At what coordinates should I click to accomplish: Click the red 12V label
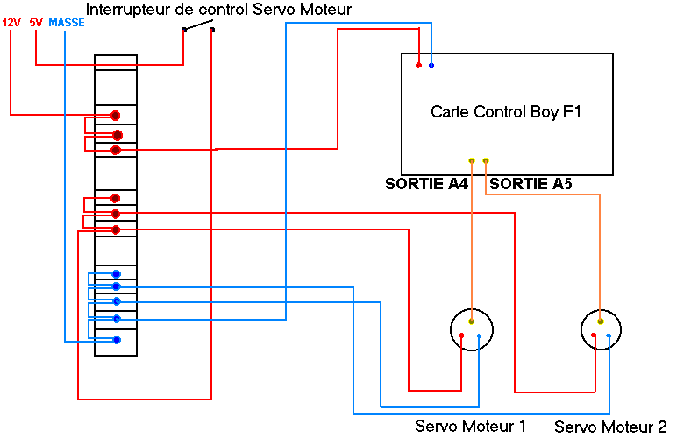coord(11,22)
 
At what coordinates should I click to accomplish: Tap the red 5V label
coord(36,22)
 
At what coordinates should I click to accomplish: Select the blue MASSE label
coord(67,22)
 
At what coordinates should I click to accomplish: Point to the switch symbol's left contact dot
coord(184,30)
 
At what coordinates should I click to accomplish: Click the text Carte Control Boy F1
coord(506,112)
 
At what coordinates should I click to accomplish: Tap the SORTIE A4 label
coord(426,184)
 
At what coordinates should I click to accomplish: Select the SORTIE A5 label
coord(531,184)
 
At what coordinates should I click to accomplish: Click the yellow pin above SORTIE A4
coord(472,160)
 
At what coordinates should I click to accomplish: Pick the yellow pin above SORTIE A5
coord(486,160)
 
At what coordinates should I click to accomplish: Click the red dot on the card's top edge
coord(418,65)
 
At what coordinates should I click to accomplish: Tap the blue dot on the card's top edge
coord(431,66)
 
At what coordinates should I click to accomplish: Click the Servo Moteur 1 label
coord(470,426)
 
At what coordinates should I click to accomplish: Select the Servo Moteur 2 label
coord(610,427)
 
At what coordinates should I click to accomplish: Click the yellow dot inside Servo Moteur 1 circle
coord(472,321)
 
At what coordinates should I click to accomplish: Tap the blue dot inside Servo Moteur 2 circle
coord(609,336)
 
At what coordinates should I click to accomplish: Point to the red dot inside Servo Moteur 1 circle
coord(461,336)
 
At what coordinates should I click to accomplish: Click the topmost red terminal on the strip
coord(115,116)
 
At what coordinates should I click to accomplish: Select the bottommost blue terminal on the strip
coord(116,339)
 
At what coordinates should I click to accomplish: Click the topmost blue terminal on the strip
coord(116,274)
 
